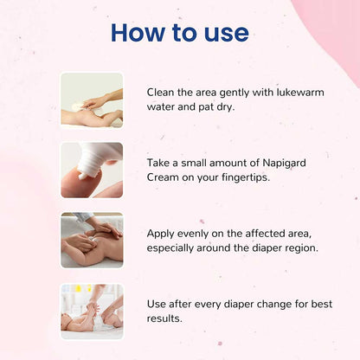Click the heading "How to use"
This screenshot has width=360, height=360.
pos(179,33)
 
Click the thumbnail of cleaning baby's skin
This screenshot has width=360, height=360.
pos(92,100)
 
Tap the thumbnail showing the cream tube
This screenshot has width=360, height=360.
pos(92,170)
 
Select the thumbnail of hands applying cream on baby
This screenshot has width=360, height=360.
pos(92,240)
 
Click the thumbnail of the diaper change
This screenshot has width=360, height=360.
pos(92,310)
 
